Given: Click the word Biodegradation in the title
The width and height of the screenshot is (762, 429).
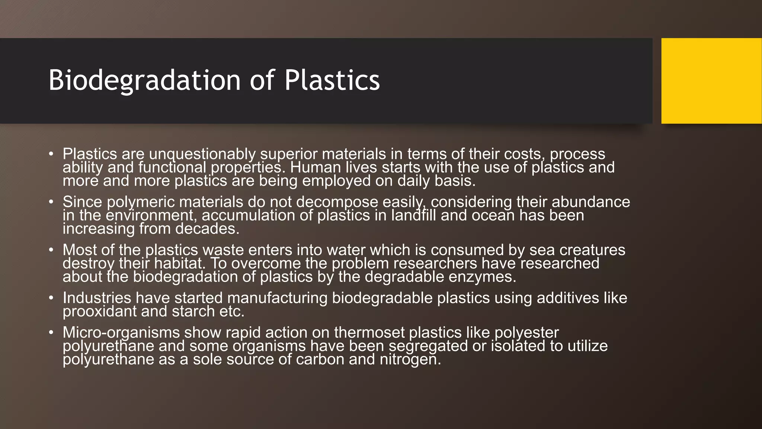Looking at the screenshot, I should click(144, 80).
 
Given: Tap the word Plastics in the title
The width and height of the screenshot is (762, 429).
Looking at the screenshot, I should click(332, 80).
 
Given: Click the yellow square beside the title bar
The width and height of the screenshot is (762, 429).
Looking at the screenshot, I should click(711, 81).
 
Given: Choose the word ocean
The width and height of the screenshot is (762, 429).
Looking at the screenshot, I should click(492, 216).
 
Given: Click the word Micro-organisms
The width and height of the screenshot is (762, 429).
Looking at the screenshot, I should click(121, 333).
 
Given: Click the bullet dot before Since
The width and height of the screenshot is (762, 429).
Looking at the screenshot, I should click(51, 202).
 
